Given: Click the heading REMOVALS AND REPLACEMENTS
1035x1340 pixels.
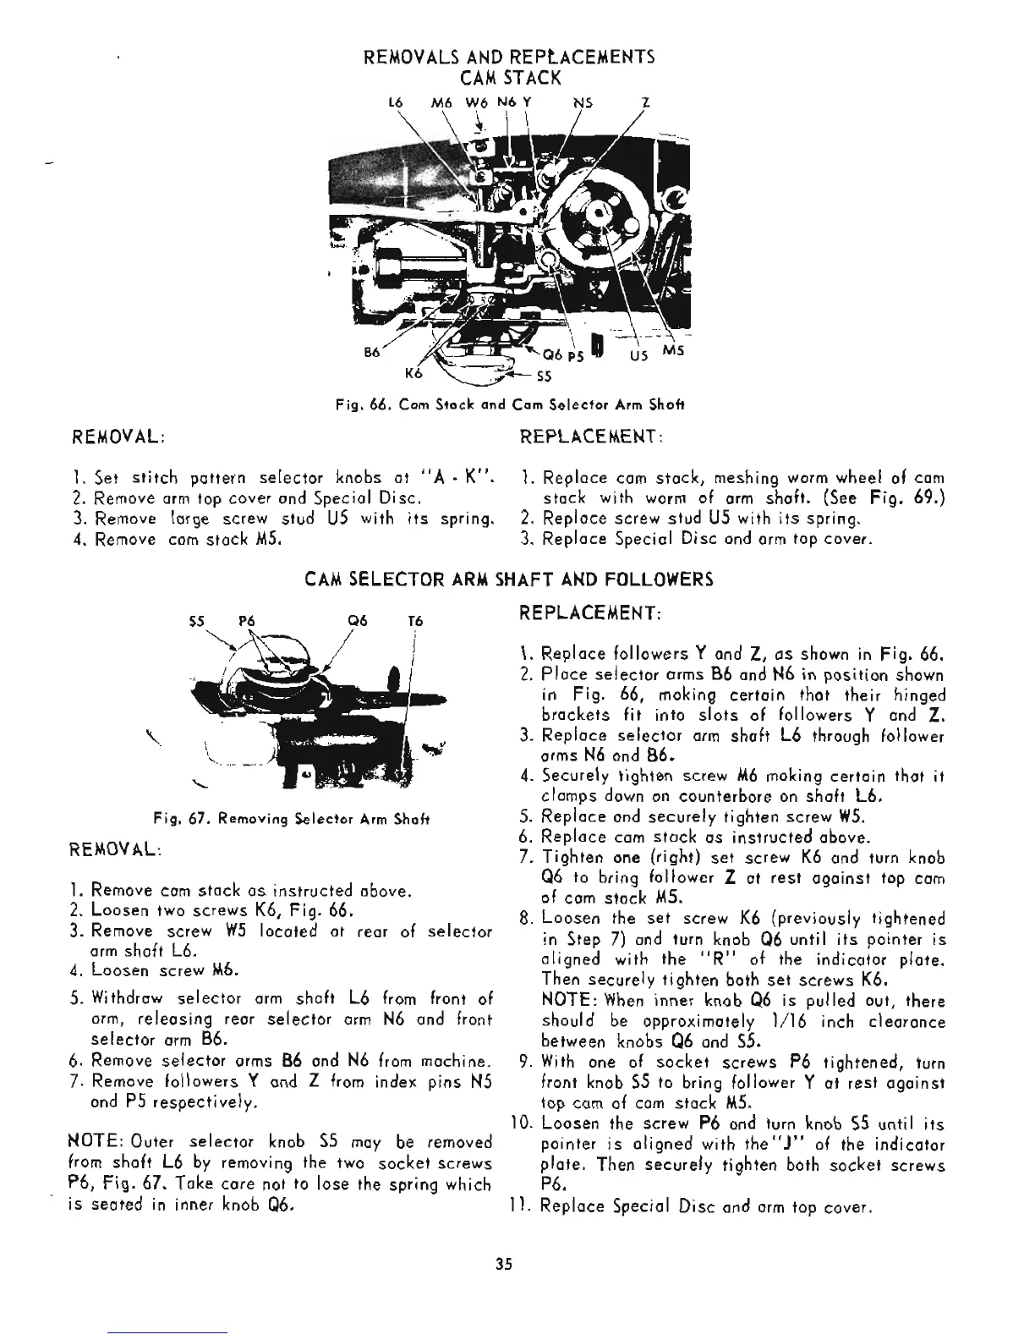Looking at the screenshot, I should tap(508, 58).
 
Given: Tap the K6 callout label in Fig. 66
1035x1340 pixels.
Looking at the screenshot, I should tap(414, 371).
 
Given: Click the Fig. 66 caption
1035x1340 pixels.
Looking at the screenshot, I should tap(509, 405).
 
